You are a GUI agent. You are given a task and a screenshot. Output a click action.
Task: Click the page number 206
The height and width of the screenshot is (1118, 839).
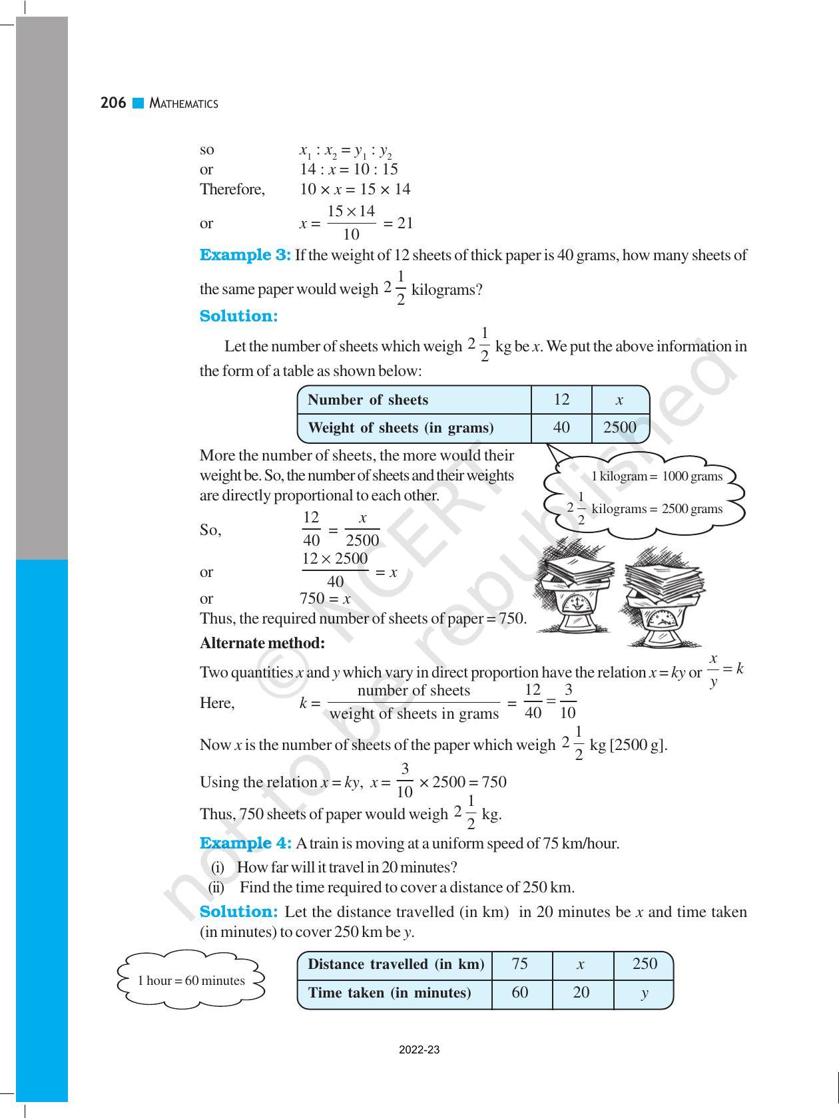point(113,103)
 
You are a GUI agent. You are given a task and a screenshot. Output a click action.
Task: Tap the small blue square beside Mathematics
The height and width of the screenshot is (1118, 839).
point(139,103)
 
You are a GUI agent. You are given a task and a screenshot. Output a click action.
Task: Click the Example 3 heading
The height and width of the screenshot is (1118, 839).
point(245,255)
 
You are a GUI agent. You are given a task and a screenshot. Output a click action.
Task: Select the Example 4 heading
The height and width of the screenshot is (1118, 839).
point(245,843)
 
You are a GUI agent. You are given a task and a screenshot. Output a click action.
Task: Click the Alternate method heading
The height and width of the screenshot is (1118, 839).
point(262,643)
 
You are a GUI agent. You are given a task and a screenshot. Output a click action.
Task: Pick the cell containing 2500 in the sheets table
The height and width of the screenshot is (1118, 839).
point(619,428)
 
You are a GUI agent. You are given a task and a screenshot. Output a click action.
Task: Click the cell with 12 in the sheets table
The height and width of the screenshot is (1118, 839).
point(561,399)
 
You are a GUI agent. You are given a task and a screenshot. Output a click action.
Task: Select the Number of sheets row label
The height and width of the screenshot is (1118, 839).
point(368,400)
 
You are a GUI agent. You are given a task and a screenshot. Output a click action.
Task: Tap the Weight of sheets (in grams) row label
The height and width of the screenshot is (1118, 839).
point(401,428)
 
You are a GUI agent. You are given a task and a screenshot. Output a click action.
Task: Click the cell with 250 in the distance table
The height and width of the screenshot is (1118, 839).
point(644,964)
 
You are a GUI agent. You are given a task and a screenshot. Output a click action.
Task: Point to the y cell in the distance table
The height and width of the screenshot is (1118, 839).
point(644,993)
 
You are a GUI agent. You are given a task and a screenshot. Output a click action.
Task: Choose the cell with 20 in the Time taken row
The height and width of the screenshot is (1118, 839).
point(581,993)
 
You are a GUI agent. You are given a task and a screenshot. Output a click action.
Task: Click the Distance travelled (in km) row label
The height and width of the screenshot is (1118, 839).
point(396,964)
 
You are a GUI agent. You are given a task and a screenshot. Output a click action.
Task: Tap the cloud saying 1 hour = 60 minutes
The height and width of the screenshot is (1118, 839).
point(191,980)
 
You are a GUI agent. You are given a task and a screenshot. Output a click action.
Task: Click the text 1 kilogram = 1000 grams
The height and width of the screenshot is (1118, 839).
point(657,476)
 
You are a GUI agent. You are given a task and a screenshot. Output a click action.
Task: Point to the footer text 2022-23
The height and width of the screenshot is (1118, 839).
point(419,1051)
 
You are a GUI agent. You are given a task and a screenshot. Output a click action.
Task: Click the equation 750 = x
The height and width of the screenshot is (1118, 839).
point(325,598)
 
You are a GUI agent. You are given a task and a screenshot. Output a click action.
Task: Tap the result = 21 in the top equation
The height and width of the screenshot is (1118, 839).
point(398,224)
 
